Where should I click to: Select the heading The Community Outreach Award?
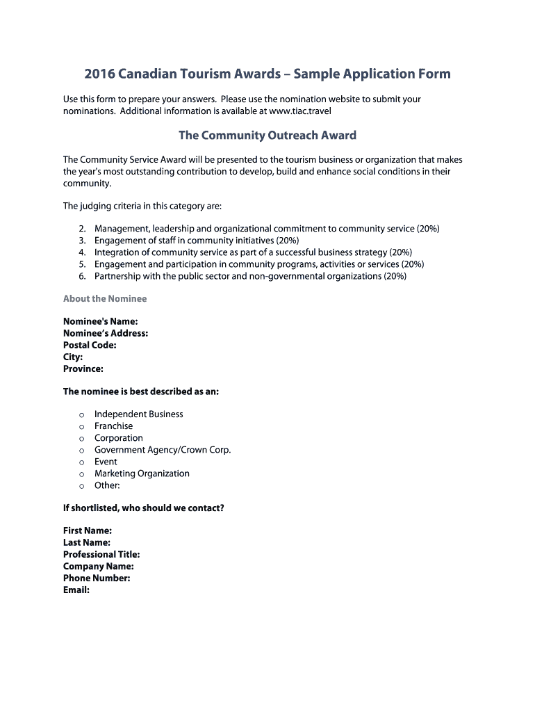267,135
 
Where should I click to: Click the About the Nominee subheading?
105,298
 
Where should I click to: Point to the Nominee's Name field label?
100,321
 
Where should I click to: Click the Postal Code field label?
90,345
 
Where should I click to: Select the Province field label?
83,369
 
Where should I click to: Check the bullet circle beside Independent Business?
81,415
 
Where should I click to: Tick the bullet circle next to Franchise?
81,427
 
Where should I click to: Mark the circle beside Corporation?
81,439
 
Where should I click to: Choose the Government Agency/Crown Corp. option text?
163,450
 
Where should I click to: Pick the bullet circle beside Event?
81,462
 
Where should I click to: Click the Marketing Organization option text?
142,474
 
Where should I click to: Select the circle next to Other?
81,486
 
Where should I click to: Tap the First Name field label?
88,531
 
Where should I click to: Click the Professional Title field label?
101,554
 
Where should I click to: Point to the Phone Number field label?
97,578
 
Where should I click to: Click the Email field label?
76,590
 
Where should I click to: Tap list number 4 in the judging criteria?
82,252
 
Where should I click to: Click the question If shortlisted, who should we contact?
144,508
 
